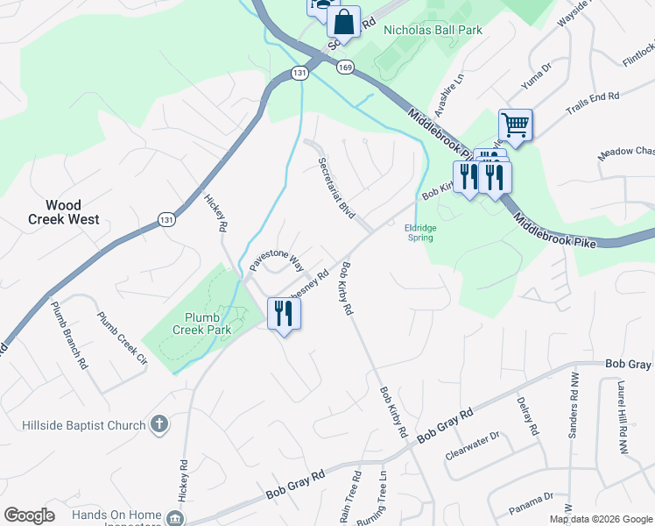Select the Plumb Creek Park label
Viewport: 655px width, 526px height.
[x=208, y=323]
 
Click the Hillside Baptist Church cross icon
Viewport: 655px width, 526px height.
[x=158, y=425]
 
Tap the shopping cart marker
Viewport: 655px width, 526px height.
[x=515, y=124]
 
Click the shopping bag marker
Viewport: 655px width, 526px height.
[x=344, y=22]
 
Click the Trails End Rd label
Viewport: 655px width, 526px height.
[x=592, y=102]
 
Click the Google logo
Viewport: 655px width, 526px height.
[x=30, y=515]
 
